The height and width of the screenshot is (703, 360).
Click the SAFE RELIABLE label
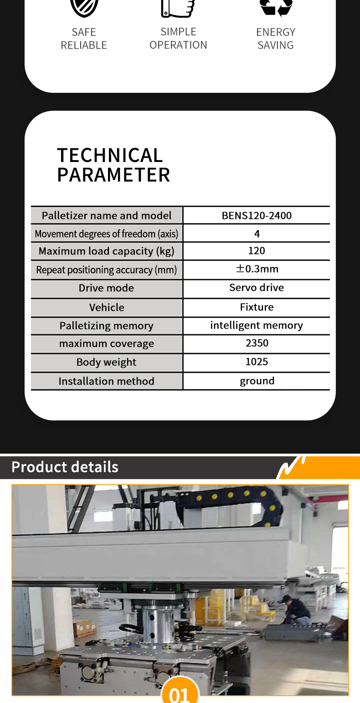click(84, 39)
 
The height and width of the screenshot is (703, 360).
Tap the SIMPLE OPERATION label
click(178, 38)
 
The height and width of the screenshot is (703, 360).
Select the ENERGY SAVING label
click(276, 39)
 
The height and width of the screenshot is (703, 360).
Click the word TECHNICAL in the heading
click(110, 155)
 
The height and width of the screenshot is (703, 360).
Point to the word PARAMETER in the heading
click(113, 175)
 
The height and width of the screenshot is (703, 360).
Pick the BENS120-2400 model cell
click(257, 216)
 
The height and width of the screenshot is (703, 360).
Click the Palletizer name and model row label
click(107, 216)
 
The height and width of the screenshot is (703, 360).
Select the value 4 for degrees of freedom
click(257, 234)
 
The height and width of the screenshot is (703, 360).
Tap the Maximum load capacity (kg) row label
click(106, 251)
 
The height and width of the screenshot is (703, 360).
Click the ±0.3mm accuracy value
click(257, 269)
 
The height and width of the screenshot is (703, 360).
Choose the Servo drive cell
click(257, 288)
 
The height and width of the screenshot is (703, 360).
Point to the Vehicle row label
click(107, 307)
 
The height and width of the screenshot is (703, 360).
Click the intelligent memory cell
click(257, 325)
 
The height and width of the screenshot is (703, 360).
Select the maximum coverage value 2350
click(257, 343)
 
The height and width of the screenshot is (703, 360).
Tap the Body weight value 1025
click(257, 362)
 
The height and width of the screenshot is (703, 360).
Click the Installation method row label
click(106, 381)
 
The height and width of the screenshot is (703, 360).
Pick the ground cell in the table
click(257, 381)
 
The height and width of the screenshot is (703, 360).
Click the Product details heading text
click(65, 467)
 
